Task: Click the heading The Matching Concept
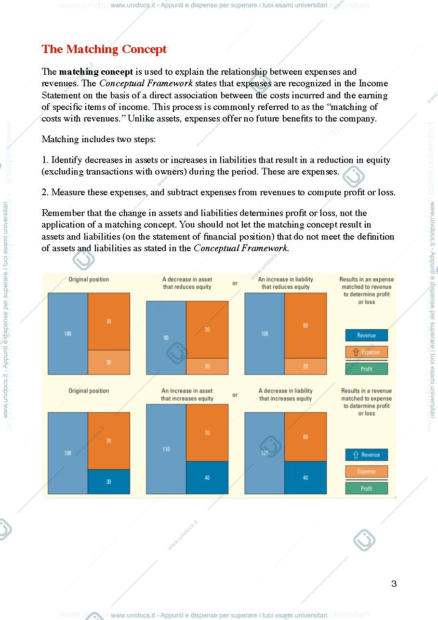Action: tap(104, 49)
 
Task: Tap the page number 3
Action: tap(394, 584)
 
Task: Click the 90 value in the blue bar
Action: tap(166, 337)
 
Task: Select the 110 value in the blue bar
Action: tap(166, 449)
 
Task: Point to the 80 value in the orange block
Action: tap(305, 325)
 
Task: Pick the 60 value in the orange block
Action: tap(305, 437)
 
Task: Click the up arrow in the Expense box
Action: tap(356, 352)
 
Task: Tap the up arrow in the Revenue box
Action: tap(356, 455)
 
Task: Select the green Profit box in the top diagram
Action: tap(366, 369)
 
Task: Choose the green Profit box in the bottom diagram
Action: tap(366, 488)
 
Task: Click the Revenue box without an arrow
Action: tap(366, 335)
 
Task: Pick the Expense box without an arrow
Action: tap(366, 472)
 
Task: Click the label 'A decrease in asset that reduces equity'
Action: tap(187, 283)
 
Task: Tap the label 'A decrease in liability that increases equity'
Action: tap(285, 394)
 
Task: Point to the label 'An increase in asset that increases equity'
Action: tap(187, 394)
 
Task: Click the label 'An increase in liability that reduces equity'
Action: tap(285, 283)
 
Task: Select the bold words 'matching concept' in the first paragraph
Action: tap(96, 72)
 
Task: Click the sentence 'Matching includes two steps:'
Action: tap(98, 139)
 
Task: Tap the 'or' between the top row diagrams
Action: tap(235, 283)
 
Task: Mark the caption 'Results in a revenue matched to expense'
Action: tap(366, 394)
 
